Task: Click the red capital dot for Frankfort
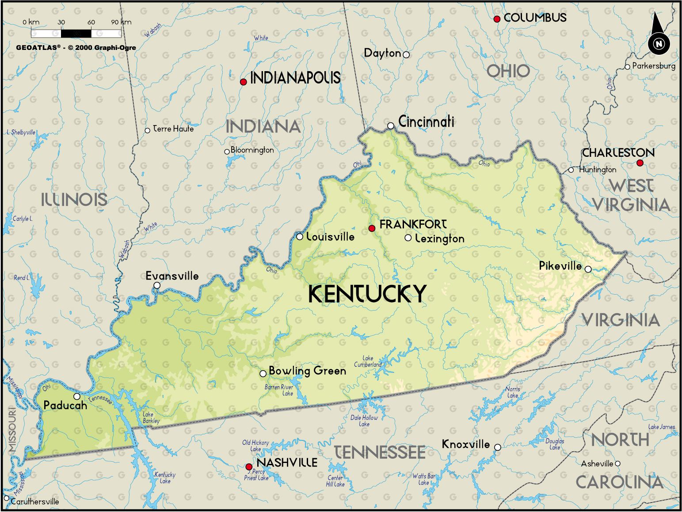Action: [x=372, y=228]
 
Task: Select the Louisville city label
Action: [x=330, y=237]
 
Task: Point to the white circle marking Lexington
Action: [x=408, y=238]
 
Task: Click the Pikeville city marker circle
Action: [x=588, y=269]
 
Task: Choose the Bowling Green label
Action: [x=307, y=371]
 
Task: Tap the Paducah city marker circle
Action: [x=77, y=396]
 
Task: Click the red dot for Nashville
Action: [x=249, y=466]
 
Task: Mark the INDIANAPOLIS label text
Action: [x=295, y=78]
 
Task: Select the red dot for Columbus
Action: [x=497, y=19]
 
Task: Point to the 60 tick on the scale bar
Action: [x=91, y=22]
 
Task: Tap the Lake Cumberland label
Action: [x=368, y=361]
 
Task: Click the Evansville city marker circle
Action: [x=157, y=285]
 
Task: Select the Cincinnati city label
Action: [x=426, y=121]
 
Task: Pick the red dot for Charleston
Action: [x=640, y=163]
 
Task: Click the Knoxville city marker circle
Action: [x=497, y=447]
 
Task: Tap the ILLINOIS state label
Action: [x=74, y=200]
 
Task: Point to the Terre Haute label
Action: [x=173, y=129]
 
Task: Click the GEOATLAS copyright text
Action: [x=76, y=48]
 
